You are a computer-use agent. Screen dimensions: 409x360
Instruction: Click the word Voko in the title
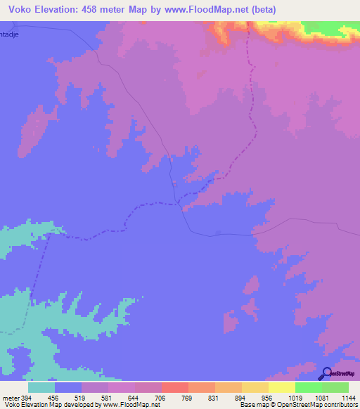coord(21,9)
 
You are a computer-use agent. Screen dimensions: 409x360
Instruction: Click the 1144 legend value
coord(346,397)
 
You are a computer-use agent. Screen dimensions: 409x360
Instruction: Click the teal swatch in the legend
coord(41,387)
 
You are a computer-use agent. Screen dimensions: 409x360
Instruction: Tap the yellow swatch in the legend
coord(282,387)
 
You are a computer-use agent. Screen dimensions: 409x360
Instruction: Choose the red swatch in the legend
coord(175,387)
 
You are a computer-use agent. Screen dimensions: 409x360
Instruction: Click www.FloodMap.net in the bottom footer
coord(129,405)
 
